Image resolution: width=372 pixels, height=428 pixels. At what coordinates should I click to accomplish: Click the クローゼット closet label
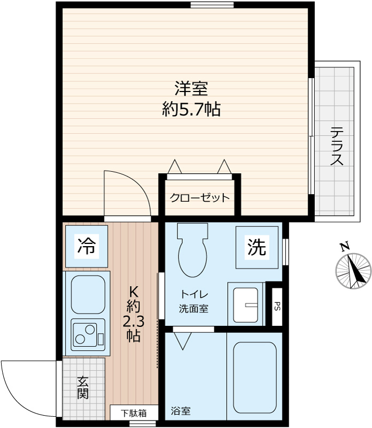pyautogui.click(x=199, y=197)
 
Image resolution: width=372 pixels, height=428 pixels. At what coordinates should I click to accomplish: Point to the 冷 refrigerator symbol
pyautogui.click(x=87, y=246)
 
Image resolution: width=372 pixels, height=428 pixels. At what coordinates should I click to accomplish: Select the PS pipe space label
pyautogui.click(x=277, y=306)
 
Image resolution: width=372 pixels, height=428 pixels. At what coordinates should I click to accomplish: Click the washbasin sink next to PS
pyautogui.click(x=246, y=304)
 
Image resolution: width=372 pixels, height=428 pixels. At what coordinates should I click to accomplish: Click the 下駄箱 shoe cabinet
pyautogui.click(x=133, y=413)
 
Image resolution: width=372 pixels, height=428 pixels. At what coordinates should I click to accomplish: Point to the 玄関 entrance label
pyautogui.click(x=83, y=388)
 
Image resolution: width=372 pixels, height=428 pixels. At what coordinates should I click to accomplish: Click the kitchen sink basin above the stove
pyautogui.click(x=87, y=295)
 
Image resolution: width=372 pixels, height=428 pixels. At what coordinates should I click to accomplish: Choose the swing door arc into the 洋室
pyautogui.click(x=126, y=194)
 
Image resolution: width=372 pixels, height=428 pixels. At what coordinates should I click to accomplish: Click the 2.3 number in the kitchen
pyautogui.click(x=133, y=322)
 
